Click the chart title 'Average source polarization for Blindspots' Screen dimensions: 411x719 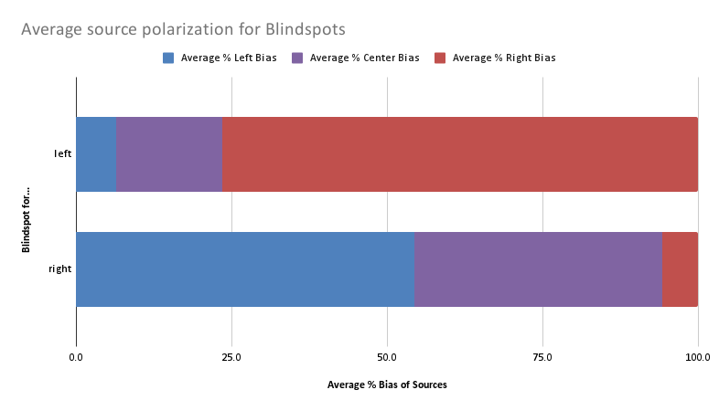point(183,29)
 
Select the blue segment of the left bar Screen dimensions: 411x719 point(96,154)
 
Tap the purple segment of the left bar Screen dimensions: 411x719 point(169,154)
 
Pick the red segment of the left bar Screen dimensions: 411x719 point(460,154)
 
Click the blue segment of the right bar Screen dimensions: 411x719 point(245,269)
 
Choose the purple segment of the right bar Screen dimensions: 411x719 point(538,269)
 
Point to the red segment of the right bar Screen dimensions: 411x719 point(680,269)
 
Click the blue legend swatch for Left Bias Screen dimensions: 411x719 point(168,58)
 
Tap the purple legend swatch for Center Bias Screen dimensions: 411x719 point(297,58)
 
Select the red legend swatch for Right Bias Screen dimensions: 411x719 point(440,58)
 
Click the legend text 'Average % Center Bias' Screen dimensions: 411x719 point(364,58)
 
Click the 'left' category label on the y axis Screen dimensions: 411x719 point(62,154)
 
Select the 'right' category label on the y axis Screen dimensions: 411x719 point(60,269)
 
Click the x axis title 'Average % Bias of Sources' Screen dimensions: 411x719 point(387,385)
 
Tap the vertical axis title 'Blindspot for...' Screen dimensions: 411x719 point(27,212)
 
